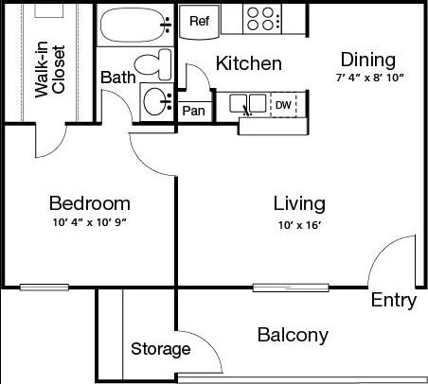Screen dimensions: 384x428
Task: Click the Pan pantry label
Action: (x=193, y=111)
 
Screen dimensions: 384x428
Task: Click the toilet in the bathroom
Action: (x=152, y=64)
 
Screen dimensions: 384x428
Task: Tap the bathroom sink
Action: (x=155, y=100)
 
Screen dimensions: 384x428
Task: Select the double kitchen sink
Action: (x=248, y=103)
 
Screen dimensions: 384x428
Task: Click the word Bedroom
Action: (x=89, y=203)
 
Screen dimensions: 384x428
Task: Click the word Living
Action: (x=299, y=203)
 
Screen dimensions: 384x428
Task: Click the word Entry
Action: (x=393, y=301)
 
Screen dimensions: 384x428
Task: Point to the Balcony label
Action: (x=293, y=335)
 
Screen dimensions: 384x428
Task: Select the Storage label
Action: (x=160, y=349)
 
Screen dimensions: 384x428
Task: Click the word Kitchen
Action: (x=248, y=64)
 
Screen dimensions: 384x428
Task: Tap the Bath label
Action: (x=118, y=77)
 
